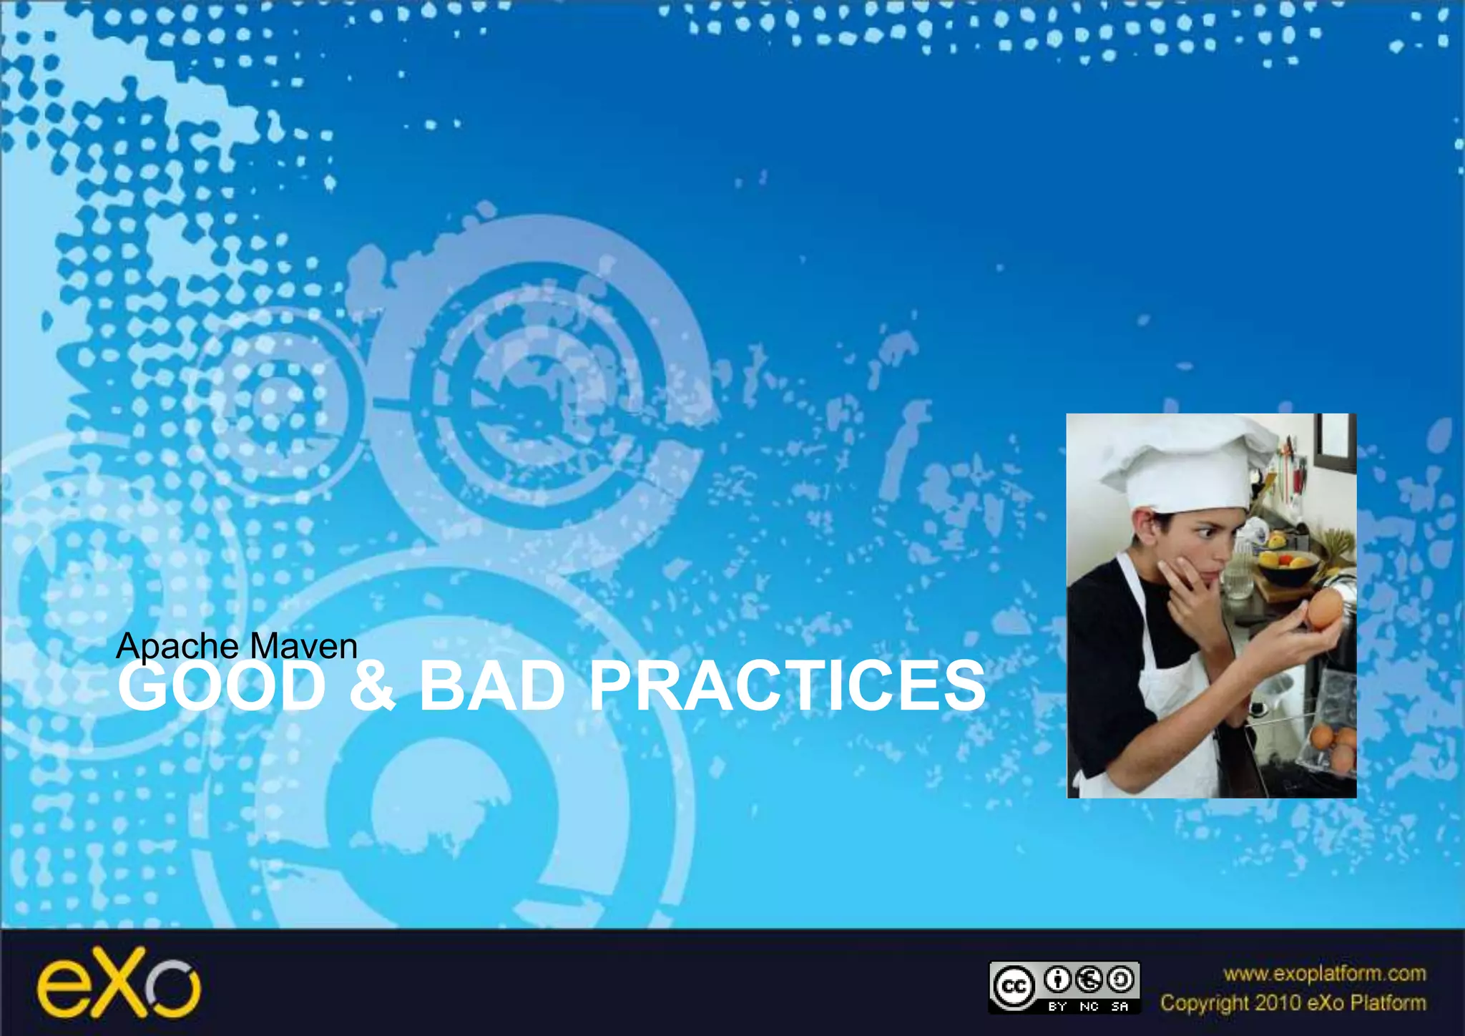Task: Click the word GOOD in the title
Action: point(222,687)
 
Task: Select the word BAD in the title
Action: point(492,687)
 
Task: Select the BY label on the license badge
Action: point(1057,1007)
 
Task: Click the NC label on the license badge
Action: point(1089,1007)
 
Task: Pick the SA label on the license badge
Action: point(1119,1007)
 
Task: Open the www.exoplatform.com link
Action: point(1324,974)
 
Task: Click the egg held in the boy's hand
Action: point(1325,609)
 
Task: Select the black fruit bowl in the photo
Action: point(1288,569)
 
